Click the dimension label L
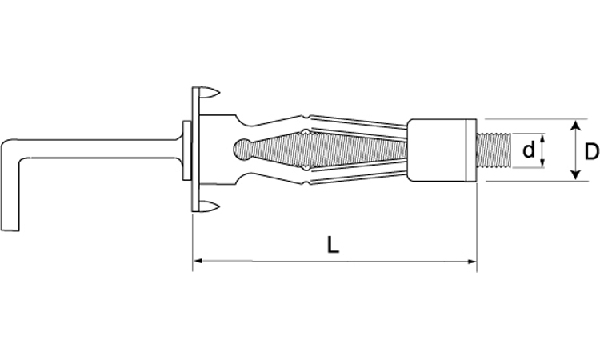[333, 246]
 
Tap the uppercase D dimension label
[591, 151]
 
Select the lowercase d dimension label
[529, 150]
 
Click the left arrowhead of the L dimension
[198, 262]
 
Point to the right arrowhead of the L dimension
[472, 262]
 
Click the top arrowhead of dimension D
[574, 125]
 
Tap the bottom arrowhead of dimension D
[574, 175]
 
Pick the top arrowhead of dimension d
[542, 138]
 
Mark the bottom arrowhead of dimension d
[542, 163]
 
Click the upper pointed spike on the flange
[210, 93]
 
